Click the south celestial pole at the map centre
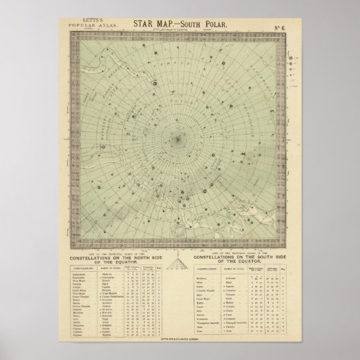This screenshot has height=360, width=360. [178, 141]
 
